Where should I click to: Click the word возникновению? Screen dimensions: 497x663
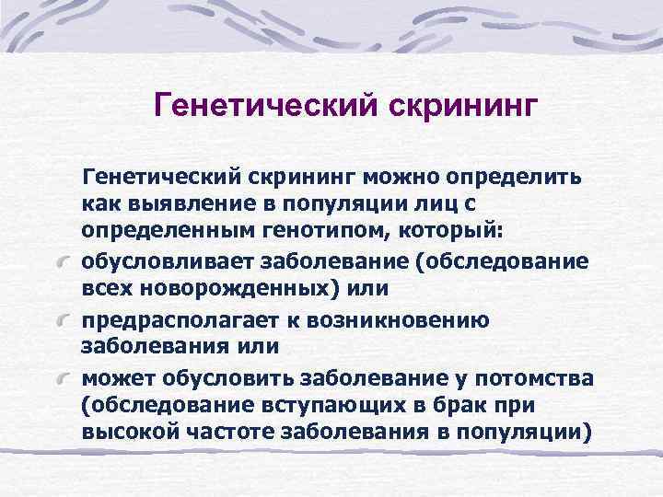point(415,320)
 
